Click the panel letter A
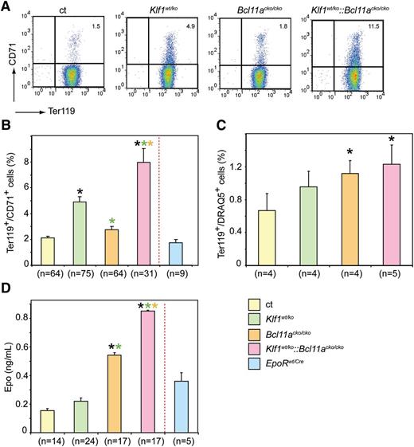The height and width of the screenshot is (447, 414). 7,6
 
